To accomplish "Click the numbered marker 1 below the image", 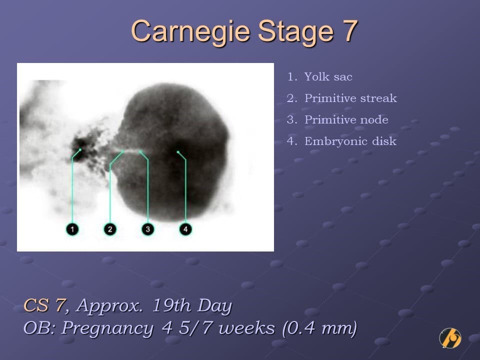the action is (x=72, y=229).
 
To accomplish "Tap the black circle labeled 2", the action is (x=110, y=229).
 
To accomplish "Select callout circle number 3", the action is (x=148, y=229).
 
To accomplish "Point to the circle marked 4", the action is (x=185, y=229).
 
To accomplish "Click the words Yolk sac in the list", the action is (x=328, y=77).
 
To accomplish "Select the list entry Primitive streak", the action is (x=350, y=98).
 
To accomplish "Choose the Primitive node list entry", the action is (x=346, y=119).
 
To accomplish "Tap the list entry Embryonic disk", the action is (x=350, y=141).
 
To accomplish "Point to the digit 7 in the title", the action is (x=350, y=31).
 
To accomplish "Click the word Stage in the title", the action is (x=295, y=32).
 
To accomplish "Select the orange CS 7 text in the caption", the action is (x=44, y=305).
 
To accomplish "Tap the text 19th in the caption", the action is (x=171, y=305).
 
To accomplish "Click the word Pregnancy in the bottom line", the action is (x=107, y=328).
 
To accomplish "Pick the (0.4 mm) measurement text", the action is (x=319, y=328).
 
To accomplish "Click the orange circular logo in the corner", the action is (x=450, y=338).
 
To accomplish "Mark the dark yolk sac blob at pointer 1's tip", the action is (x=81, y=149).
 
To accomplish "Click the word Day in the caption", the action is (x=214, y=306).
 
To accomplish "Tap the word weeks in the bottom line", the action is (x=246, y=328).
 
